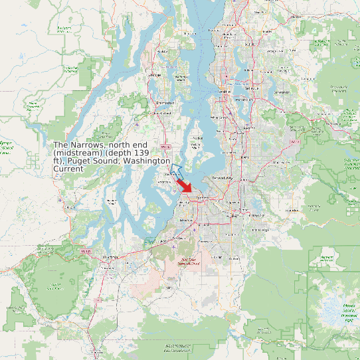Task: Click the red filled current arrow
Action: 187,189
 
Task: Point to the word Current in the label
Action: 68,169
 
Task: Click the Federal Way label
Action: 222,179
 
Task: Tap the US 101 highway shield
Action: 84,251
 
